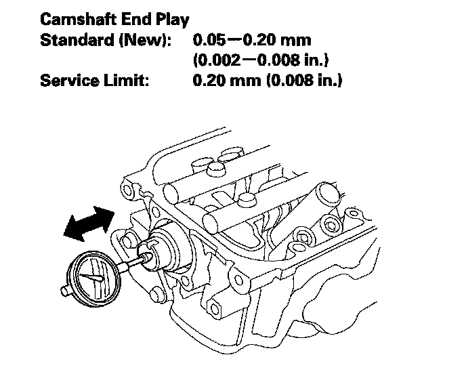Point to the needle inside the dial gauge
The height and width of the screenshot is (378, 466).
(92, 277)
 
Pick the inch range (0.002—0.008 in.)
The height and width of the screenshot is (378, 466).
(261, 61)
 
